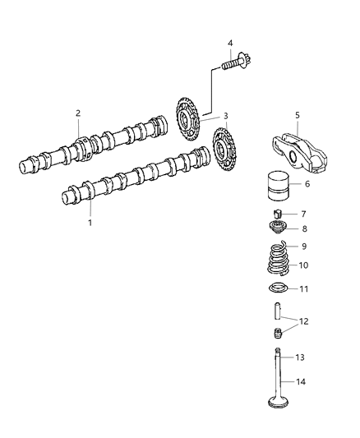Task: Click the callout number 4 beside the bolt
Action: tap(231, 44)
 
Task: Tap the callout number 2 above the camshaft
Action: tap(78, 113)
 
